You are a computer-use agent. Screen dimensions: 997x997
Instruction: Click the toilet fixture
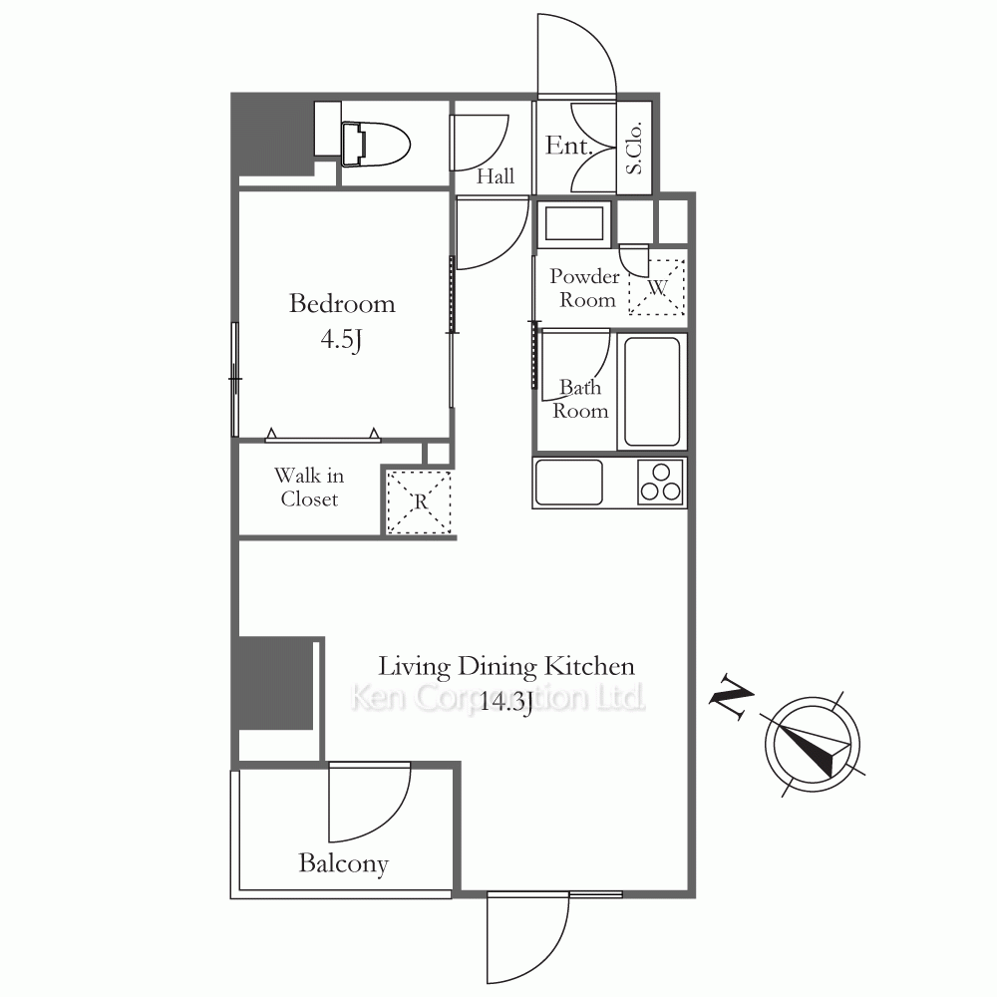[x=375, y=145]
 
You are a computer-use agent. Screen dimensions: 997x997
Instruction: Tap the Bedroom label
[x=342, y=303]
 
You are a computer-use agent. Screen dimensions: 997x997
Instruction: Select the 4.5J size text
[x=341, y=340]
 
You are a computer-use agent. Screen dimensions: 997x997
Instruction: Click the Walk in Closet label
[x=309, y=488]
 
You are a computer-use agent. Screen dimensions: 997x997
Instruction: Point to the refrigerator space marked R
[x=419, y=501]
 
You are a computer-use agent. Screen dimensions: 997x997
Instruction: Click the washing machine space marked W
[x=657, y=287]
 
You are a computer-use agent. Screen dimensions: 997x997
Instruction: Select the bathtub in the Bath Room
[x=652, y=391]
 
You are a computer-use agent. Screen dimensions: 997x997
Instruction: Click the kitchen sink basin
[x=569, y=482]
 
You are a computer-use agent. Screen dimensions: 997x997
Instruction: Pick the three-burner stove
[x=661, y=482]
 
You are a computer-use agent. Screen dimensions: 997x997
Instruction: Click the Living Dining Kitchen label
[x=506, y=666]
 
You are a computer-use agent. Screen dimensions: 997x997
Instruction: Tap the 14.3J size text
[x=505, y=702]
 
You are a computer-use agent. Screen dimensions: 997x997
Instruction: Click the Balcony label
[x=343, y=863]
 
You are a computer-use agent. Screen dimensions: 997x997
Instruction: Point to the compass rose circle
[x=812, y=745]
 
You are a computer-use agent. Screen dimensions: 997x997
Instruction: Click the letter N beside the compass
[x=731, y=698]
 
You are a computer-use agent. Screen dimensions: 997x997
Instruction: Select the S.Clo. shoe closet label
[x=634, y=149]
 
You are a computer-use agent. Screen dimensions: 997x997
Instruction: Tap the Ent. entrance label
[x=569, y=146]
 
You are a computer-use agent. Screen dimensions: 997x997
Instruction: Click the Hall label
[x=496, y=176]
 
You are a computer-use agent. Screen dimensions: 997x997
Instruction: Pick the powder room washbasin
[x=574, y=223]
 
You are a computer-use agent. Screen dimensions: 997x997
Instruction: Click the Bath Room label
[x=580, y=400]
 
